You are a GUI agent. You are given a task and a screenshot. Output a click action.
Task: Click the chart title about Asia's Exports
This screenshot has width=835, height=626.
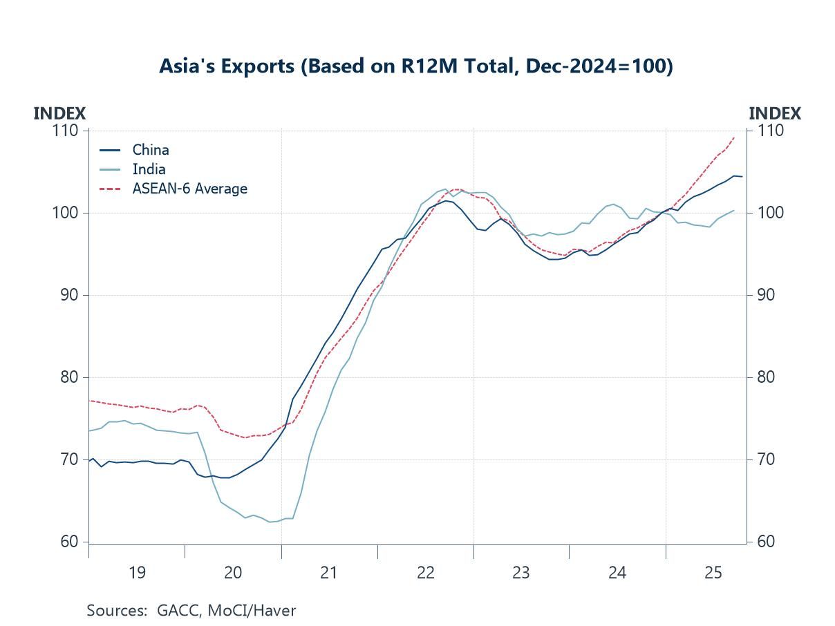click(415, 66)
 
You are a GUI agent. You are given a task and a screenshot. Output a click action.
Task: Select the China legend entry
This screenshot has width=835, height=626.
click(150, 150)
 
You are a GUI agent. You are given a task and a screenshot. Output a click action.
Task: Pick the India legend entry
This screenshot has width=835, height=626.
click(149, 169)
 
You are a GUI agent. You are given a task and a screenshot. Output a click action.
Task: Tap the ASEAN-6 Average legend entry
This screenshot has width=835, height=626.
click(189, 188)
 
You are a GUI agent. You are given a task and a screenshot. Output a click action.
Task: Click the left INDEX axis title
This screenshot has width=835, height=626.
click(59, 113)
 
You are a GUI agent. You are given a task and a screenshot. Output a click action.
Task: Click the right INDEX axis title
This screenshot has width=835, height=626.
click(775, 113)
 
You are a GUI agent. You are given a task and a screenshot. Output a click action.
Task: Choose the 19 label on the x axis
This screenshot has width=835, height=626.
click(137, 572)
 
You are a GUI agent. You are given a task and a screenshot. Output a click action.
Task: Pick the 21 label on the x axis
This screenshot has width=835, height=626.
click(329, 572)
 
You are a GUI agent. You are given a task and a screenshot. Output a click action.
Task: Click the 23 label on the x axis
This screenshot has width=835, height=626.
click(521, 572)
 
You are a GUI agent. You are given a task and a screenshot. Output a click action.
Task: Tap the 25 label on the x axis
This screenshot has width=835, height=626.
click(713, 572)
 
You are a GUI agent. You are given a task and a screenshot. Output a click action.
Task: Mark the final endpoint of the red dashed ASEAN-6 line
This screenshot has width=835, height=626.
click(733, 137)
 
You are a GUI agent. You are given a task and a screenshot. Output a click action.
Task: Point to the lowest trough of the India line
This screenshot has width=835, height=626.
click(270, 522)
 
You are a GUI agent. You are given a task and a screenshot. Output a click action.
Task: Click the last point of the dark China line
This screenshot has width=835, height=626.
click(742, 177)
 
